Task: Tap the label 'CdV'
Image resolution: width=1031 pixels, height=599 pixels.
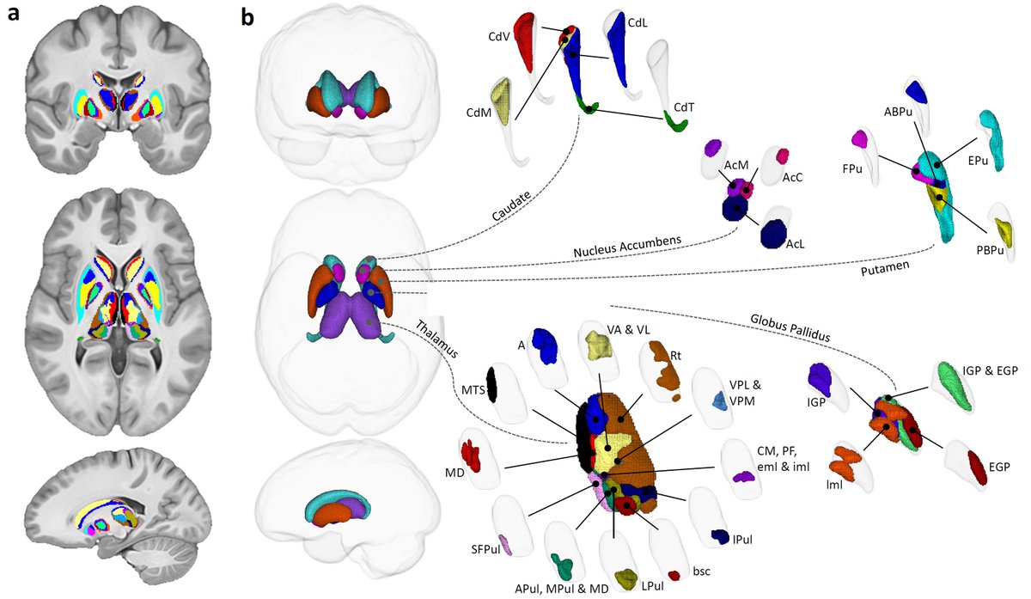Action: point(500,36)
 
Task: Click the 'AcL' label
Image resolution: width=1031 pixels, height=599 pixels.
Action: point(796,245)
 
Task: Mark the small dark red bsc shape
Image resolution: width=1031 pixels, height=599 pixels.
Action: point(674,574)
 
